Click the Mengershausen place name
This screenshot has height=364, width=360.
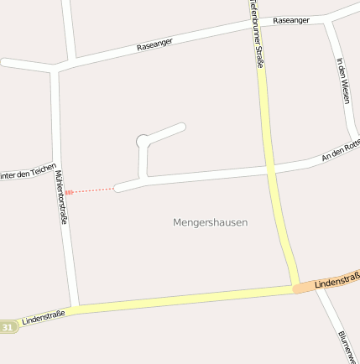[x=210, y=222]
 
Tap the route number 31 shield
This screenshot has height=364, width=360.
[x=8, y=326]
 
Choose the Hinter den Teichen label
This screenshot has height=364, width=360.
[x=28, y=171]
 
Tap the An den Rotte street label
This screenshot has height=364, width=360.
[x=342, y=150]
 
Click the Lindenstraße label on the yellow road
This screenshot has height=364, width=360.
[x=44, y=318]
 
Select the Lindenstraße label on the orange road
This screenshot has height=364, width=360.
[x=337, y=280]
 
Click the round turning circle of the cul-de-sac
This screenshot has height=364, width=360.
[x=143, y=140]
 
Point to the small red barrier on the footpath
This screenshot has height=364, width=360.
[x=69, y=192]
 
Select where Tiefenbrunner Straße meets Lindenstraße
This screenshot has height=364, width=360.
[x=296, y=289]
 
